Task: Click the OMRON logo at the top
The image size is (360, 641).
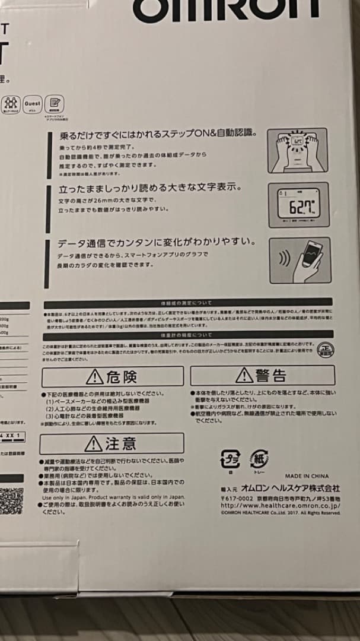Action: [x=225, y=8]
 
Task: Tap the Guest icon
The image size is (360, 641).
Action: [x=32, y=104]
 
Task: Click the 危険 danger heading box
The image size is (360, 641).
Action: [x=112, y=376]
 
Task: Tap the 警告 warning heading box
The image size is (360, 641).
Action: [x=262, y=375]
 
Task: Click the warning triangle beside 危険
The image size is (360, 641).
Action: [x=94, y=376]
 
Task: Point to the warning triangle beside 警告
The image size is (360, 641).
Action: [x=244, y=375]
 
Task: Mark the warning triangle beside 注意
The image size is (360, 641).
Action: [x=93, y=443]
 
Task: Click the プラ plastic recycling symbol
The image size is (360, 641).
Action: [x=230, y=459]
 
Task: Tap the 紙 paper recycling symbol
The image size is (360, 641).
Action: [x=259, y=459]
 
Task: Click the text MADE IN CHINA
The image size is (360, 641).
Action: [x=307, y=476]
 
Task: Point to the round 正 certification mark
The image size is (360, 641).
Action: [x=323, y=348]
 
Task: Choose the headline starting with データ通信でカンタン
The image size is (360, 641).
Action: [x=157, y=243]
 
